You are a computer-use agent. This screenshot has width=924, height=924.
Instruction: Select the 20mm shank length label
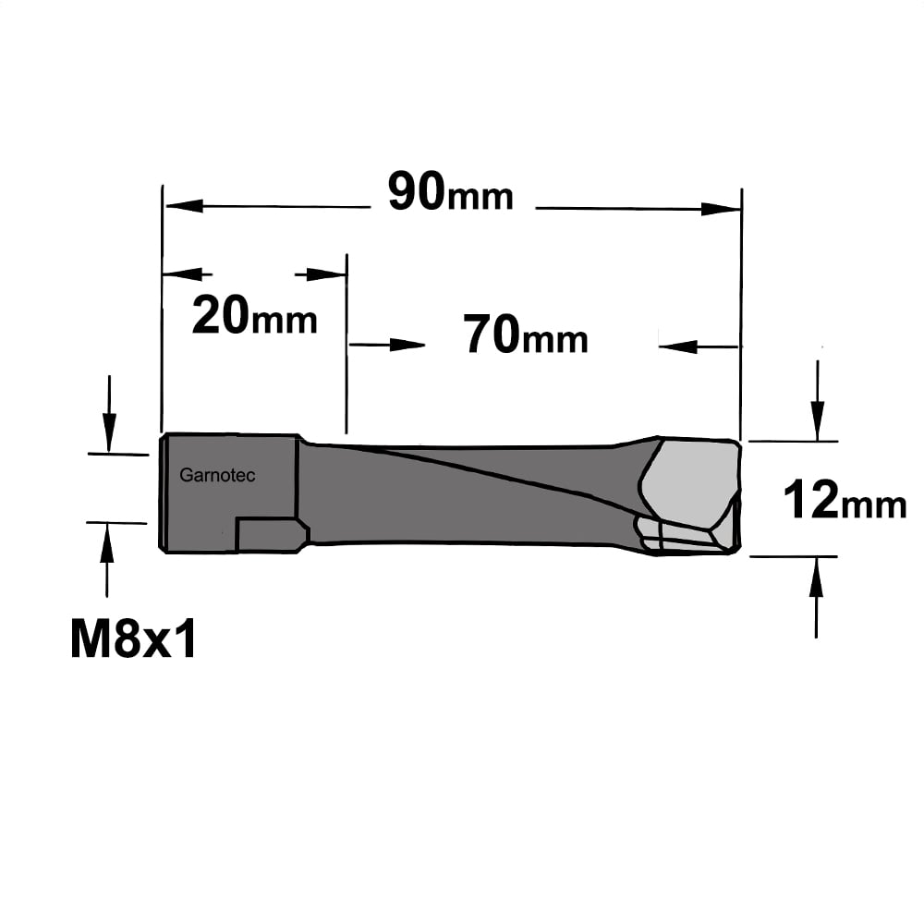point(255,316)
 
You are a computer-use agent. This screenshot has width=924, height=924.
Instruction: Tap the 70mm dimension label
point(526,335)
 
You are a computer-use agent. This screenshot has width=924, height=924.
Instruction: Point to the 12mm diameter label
point(845,499)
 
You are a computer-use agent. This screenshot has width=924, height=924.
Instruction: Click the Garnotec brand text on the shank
point(217,475)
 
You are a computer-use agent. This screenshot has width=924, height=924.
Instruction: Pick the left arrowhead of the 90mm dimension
point(185,206)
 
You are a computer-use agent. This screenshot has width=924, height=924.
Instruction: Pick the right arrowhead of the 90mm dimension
point(720,209)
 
